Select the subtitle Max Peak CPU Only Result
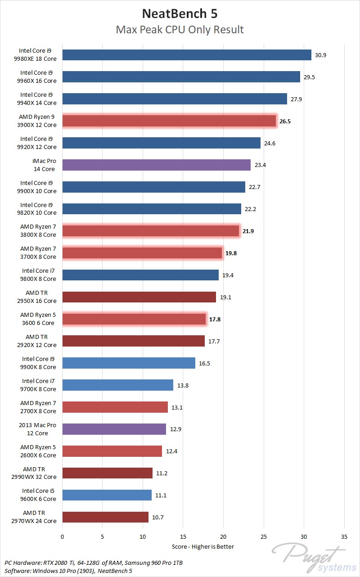pos(180,30)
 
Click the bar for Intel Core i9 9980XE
pos(187,55)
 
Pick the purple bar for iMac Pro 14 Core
pos(156,165)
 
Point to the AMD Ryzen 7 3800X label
pos(38,231)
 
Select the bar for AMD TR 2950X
pos(139,297)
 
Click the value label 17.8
pos(215,319)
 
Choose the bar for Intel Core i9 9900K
pos(129,363)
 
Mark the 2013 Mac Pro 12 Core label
pos(38,429)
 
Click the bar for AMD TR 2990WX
pos(107,473)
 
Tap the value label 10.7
pos(157,517)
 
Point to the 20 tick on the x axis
pos(223,537)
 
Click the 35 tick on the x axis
pos(344,537)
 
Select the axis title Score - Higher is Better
pos(203,546)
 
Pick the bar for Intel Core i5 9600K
pos(107,495)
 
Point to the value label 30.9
pos(320,55)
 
